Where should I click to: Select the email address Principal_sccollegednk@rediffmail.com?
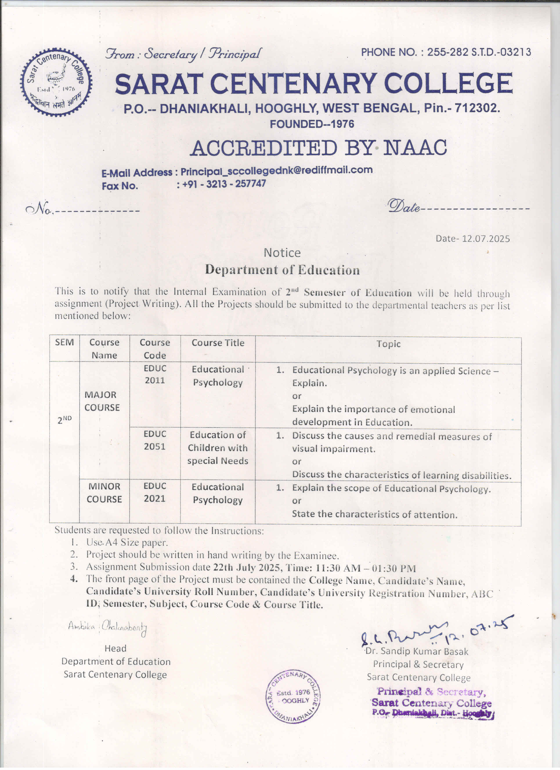coord(276,170)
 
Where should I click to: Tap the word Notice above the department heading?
coord(282,252)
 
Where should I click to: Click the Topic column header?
coord(388,344)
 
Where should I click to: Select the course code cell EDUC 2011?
coord(155,374)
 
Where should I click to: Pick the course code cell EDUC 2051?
coord(155,440)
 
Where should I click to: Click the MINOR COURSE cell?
coord(104,493)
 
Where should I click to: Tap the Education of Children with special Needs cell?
coord(218,448)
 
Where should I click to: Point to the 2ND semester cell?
coord(65,420)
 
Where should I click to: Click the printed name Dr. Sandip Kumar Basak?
coord(417,651)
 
